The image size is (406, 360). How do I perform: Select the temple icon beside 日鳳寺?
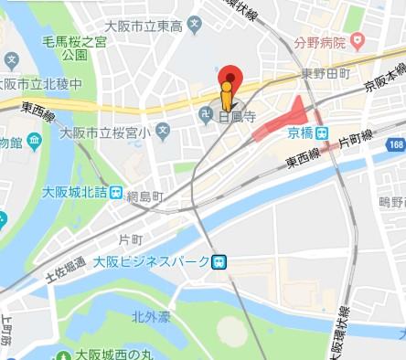[207, 113]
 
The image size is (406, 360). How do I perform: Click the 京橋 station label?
[301, 133]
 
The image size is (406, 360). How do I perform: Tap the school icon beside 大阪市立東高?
[193, 23]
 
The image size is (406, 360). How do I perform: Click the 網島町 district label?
[144, 196]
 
